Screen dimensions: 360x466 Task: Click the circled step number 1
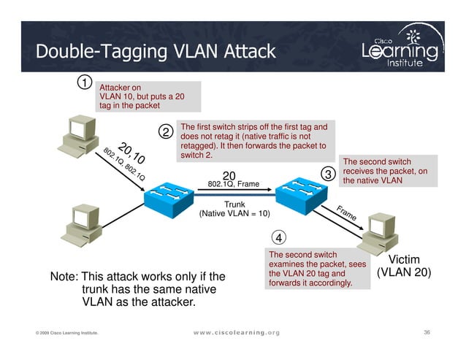click(85, 83)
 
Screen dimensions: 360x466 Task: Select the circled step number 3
click(327, 175)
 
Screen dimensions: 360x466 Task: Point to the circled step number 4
click(280, 237)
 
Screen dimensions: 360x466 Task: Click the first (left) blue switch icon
click(168, 196)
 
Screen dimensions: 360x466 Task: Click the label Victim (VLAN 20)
click(404, 267)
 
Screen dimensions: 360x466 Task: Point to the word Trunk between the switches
click(234, 204)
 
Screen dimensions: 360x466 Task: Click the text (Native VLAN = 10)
click(234, 214)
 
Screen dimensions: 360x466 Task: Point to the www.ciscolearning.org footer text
click(236, 333)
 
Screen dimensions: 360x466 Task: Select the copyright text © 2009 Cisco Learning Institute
click(67, 334)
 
